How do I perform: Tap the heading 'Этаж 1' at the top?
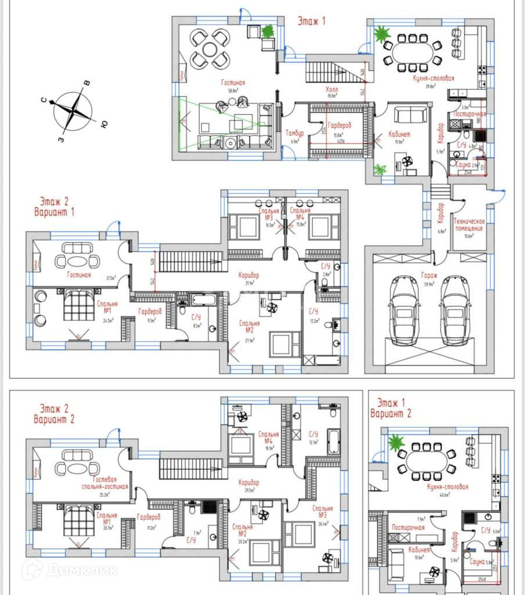tap(311, 21)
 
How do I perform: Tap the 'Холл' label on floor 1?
tap(332, 90)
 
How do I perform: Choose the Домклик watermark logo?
tap(70, 569)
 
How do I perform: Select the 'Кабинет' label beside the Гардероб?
tap(401, 134)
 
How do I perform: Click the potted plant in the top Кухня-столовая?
tap(382, 35)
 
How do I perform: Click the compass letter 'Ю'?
tap(103, 123)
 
